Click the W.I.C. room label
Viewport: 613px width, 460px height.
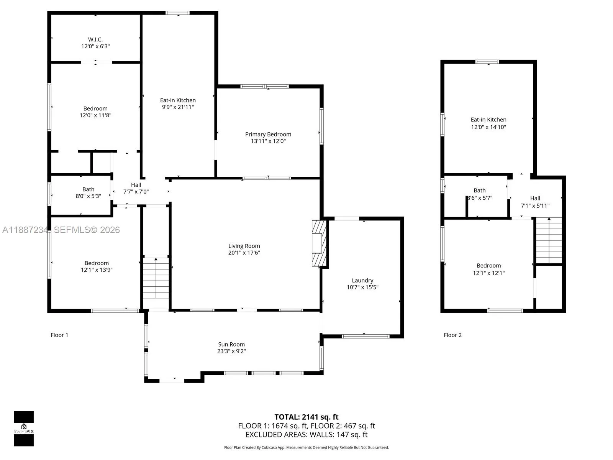click(x=95, y=39)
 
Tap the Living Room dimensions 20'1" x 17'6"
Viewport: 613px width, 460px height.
click(x=244, y=253)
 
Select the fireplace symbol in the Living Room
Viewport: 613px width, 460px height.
click(x=319, y=243)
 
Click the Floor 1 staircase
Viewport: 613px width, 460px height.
click(x=156, y=278)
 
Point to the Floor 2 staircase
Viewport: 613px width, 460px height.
click(x=549, y=240)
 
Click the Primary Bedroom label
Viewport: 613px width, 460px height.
click(x=268, y=134)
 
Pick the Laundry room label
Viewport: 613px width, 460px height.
click(x=362, y=281)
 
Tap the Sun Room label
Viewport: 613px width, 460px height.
click(x=231, y=344)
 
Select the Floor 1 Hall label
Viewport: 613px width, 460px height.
click(x=136, y=185)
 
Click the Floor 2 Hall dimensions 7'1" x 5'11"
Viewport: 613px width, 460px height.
click(x=535, y=205)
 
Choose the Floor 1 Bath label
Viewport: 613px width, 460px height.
click(x=88, y=189)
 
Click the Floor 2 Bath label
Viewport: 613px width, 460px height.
click(x=480, y=191)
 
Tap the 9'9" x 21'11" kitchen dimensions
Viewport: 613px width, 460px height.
click(x=178, y=107)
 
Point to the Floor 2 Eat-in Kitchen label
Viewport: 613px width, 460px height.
click(x=488, y=120)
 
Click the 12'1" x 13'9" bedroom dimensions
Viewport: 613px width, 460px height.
click(x=97, y=270)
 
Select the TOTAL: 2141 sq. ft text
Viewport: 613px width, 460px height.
click(x=306, y=417)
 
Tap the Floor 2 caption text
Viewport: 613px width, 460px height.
click(x=452, y=335)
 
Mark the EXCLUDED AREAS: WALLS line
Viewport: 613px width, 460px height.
click(x=306, y=435)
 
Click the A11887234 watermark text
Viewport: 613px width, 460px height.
click(x=25, y=230)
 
